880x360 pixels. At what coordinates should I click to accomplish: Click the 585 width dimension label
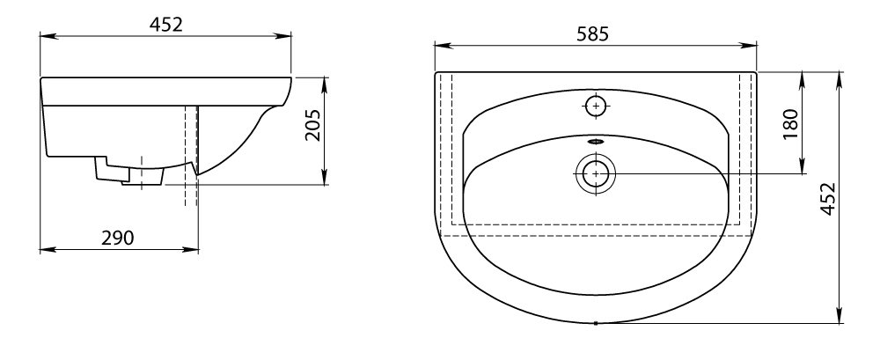[592, 35]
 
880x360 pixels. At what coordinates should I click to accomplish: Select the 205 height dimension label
[314, 124]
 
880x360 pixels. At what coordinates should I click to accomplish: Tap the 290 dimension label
[118, 238]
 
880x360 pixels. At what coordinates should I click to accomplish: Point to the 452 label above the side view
[166, 24]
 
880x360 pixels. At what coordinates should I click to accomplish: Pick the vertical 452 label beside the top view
[828, 198]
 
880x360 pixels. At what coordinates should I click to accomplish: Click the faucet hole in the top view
[596, 106]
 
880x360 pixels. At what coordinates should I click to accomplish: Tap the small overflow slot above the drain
[596, 142]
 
